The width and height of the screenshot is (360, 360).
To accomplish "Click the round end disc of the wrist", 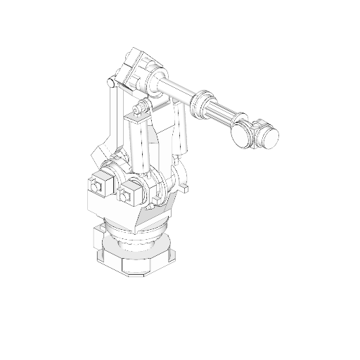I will pyautogui.click(x=242, y=134).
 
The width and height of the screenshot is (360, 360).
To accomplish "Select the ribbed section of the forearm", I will pyautogui.click(x=226, y=112).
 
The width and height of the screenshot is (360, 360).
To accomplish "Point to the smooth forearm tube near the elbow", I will pyautogui.click(x=179, y=90).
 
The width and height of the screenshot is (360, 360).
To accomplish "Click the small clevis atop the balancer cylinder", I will pyautogui.click(x=140, y=110).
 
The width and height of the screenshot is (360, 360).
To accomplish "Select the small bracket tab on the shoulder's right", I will pyautogui.click(x=185, y=188).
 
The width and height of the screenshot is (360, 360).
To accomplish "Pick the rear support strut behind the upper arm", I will pyautogui.click(x=181, y=130).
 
